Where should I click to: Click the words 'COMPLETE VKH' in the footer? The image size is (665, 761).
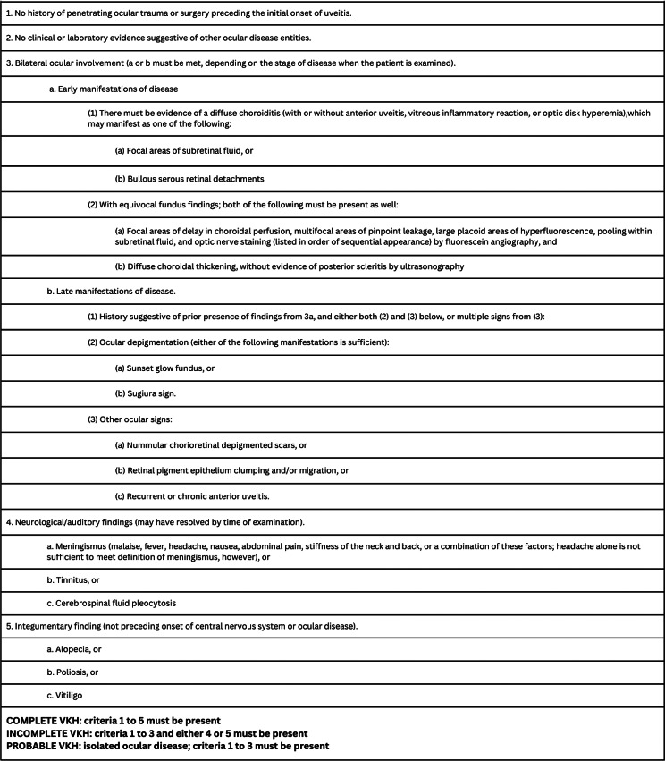coord(44,721)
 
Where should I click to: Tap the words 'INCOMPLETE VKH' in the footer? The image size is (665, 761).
coord(50,733)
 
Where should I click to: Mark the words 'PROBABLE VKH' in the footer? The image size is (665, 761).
coord(45,746)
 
